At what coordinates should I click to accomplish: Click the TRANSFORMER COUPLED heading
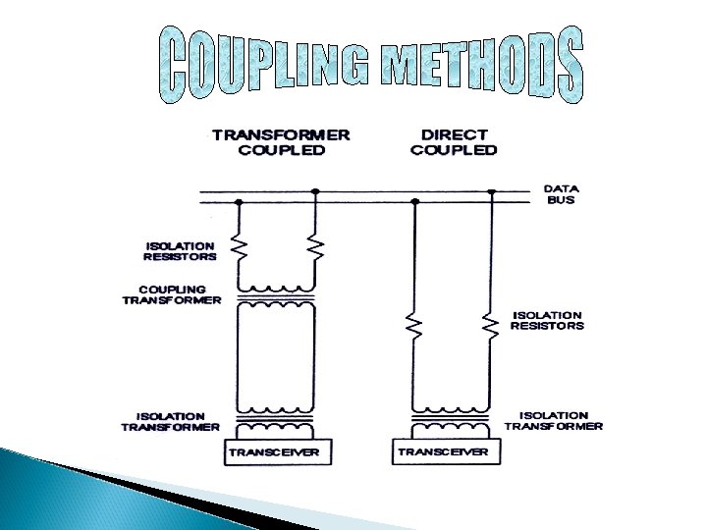coord(282,141)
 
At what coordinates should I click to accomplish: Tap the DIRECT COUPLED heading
coord(454,141)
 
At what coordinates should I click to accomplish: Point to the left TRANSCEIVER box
coord(279,451)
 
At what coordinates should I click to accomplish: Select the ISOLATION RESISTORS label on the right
coord(547,320)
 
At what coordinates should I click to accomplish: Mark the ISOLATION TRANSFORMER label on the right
coord(554,421)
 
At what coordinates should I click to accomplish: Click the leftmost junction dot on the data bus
coord(238,202)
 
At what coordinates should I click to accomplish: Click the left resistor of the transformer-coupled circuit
coord(238,248)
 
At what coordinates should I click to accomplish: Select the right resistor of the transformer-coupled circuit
coord(316,248)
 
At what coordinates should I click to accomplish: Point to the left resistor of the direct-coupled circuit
coord(414,323)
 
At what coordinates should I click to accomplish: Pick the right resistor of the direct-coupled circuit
coord(491,323)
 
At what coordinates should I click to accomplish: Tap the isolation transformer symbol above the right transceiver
coord(453,422)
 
